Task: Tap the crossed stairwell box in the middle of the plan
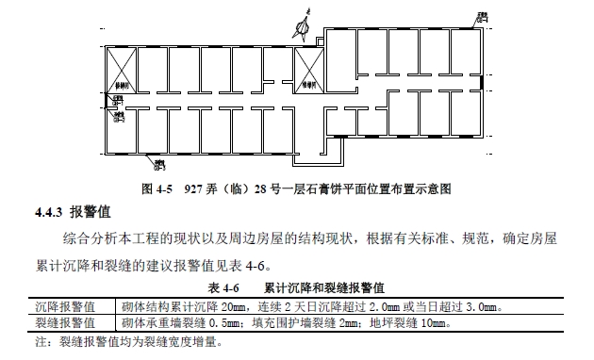(x=309, y=68)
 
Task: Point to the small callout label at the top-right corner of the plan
(x=483, y=17)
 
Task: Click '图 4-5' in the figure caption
(x=158, y=188)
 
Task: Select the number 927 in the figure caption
(x=195, y=188)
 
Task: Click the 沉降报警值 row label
(x=64, y=306)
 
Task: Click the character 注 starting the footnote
(x=40, y=341)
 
